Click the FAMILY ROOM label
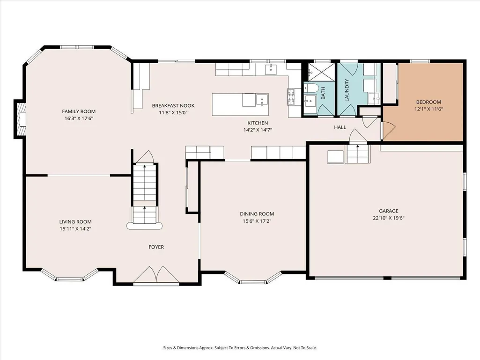click(79, 111)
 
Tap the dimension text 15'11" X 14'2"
click(75, 228)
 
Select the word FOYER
click(156, 247)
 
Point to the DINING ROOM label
click(257, 214)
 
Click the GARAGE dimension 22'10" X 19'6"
click(389, 218)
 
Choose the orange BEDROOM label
click(428, 102)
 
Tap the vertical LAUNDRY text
click(347, 90)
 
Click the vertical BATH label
click(323, 93)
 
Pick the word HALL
click(340, 127)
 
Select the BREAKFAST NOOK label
click(173, 106)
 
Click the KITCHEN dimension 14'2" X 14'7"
click(258, 130)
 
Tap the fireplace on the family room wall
click(20, 119)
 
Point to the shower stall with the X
click(321, 72)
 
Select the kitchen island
click(240, 104)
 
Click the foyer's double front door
click(156, 275)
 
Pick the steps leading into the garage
click(358, 154)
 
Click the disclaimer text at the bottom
click(240, 348)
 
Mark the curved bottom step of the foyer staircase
click(145, 226)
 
